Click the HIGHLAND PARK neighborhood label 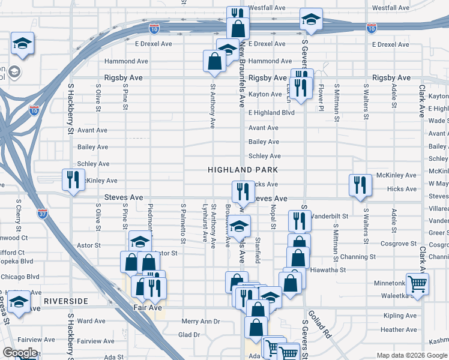click(243, 170)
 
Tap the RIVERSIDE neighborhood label click(65, 301)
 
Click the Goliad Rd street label click(320, 323)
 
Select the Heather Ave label click(398, 329)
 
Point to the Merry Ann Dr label click(201, 322)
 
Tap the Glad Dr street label click(188, 335)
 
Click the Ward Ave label click(92, 321)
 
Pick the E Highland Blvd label click(271, 112)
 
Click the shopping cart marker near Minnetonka click(417, 283)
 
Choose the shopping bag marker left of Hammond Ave click(214, 61)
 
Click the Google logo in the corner click(20, 353)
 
